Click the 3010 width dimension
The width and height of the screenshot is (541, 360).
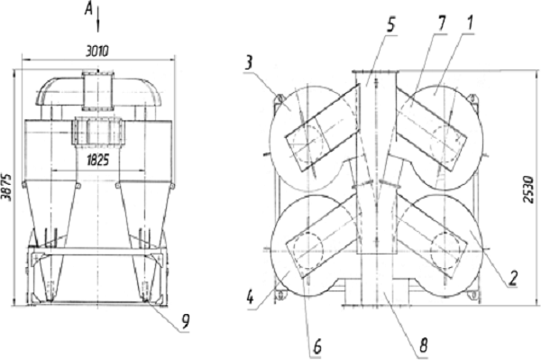97,51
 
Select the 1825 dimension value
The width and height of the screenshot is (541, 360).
97,161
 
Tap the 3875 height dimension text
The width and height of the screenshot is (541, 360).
6,188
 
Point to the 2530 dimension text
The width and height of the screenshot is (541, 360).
528,189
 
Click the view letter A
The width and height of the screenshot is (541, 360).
88,10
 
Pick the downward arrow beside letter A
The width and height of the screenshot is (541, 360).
98,20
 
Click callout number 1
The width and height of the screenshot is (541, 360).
469,23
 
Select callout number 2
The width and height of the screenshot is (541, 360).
514,278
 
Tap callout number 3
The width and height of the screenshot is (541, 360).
249,63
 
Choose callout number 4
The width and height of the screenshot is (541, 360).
251,298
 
